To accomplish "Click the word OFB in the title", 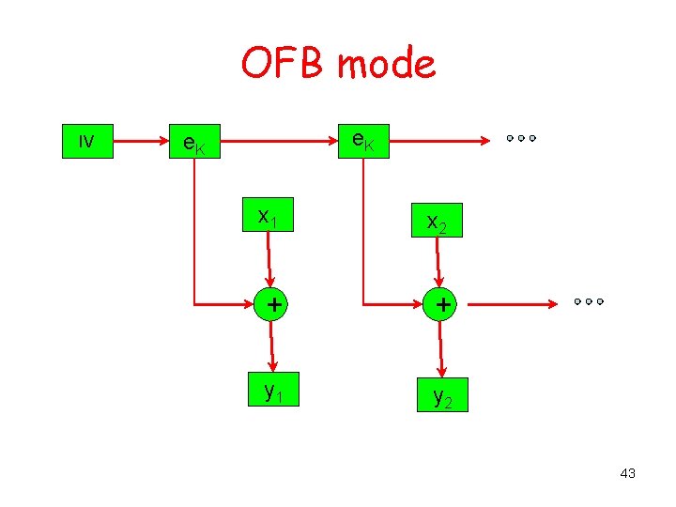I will coord(284,64).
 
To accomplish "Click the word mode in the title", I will coord(386,64).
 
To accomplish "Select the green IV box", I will coord(87,141).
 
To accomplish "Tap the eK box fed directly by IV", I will coord(192,143).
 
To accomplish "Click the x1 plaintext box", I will coord(268,217).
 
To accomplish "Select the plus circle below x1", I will coord(271,304).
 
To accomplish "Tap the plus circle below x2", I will coord(440,304).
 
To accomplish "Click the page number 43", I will coord(627,473).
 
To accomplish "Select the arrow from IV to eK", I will coord(139,142).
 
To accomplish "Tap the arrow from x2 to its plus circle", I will coord(438,263).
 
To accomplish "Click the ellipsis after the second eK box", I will coord(519,138).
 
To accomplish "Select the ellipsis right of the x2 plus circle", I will coord(587,302).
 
